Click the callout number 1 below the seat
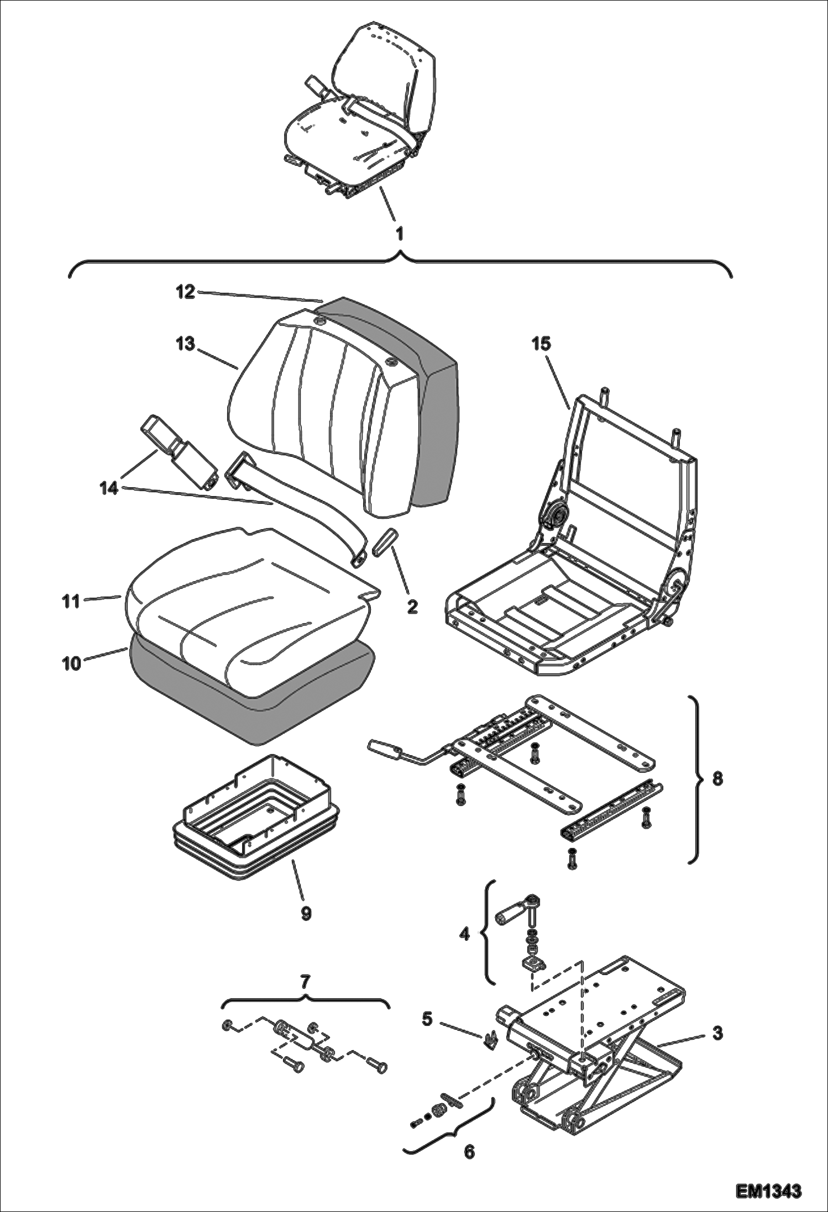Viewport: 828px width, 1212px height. tap(399, 234)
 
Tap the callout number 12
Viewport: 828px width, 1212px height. tap(186, 292)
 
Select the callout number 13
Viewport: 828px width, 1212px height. tap(186, 344)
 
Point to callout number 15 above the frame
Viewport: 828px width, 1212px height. tap(541, 344)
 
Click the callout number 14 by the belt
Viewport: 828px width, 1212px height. tap(109, 488)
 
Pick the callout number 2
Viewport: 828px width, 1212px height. tap(412, 607)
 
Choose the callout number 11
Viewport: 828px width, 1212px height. tap(71, 600)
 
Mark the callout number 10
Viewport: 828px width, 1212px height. tap(71, 663)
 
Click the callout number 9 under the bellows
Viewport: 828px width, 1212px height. tap(306, 913)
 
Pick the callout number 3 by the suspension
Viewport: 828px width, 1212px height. tap(717, 1032)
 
